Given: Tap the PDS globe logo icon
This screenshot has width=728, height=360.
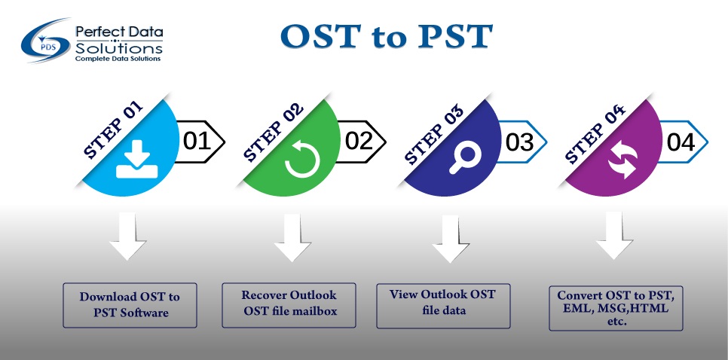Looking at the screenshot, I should click(x=47, y=42).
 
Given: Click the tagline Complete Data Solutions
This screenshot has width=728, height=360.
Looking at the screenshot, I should click(x=118, y=57).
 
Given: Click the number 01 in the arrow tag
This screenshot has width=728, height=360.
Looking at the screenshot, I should click(x=197, y=141).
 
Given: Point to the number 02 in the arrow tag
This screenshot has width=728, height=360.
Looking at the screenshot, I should click(x=359, y=141).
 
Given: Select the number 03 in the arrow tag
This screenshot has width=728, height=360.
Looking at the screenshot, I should click(x=519, y=142).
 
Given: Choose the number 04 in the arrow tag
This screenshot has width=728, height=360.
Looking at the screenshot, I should click(x=680, y=142).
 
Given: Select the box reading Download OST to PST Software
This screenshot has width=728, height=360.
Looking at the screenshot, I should click(x=129, y=304).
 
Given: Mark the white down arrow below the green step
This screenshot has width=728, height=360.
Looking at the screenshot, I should click(x=288, y=238).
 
